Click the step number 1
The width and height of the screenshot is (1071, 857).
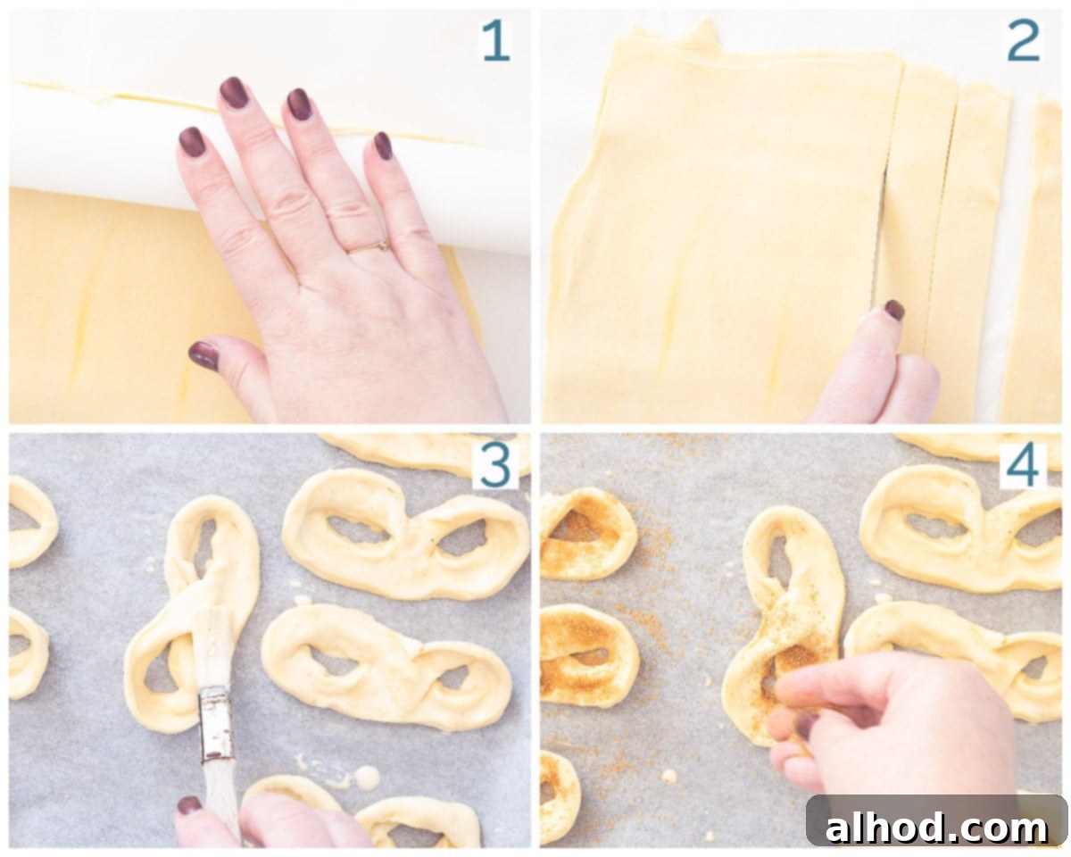click(496, 41)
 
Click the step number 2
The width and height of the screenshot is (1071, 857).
click(1023, 41)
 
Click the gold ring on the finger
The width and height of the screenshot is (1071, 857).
click(369, 246)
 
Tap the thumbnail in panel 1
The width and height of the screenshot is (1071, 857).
click(204, 355)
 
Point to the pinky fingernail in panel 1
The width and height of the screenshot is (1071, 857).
click(383, 146)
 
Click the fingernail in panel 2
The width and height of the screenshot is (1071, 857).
click(894, 310)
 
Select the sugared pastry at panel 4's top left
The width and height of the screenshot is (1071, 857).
click(587, 534)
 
